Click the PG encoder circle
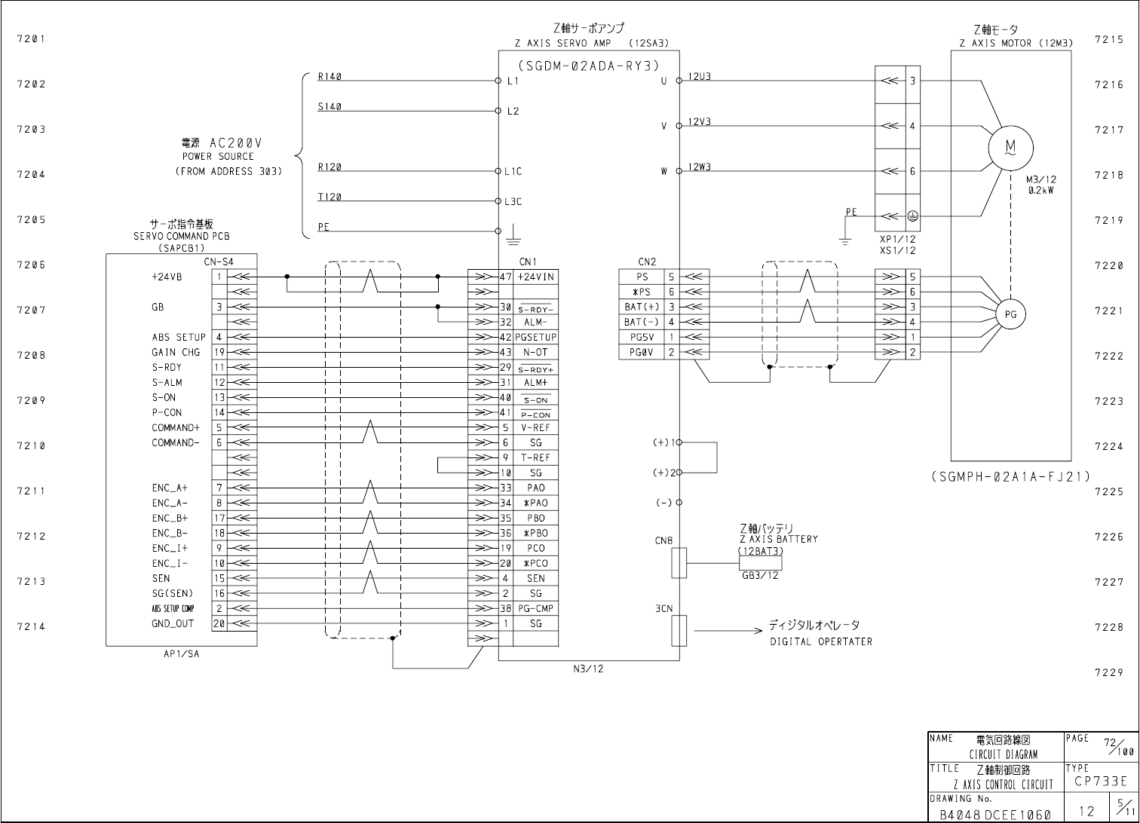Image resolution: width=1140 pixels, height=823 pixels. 1010,314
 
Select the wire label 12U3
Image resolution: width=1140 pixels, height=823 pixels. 699,77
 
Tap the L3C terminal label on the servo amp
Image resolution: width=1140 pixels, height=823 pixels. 513,202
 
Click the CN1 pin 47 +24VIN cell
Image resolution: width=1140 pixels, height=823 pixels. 536,277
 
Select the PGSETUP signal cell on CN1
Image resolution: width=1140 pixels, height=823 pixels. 536,338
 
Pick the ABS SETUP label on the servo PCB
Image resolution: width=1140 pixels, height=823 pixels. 178,338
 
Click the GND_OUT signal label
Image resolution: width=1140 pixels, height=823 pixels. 173,624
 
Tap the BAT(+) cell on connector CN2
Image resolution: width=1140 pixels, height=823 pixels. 642,307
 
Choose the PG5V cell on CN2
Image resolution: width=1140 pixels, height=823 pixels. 642,338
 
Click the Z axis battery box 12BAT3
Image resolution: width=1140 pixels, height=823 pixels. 760,563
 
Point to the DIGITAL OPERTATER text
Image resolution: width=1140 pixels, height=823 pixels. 820,642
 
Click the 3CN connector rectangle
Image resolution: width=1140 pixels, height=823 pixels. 679,630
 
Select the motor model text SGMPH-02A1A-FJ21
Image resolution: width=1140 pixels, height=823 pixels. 1010,476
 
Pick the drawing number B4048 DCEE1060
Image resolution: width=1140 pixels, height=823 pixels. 995,814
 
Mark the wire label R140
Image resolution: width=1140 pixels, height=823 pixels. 329,77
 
